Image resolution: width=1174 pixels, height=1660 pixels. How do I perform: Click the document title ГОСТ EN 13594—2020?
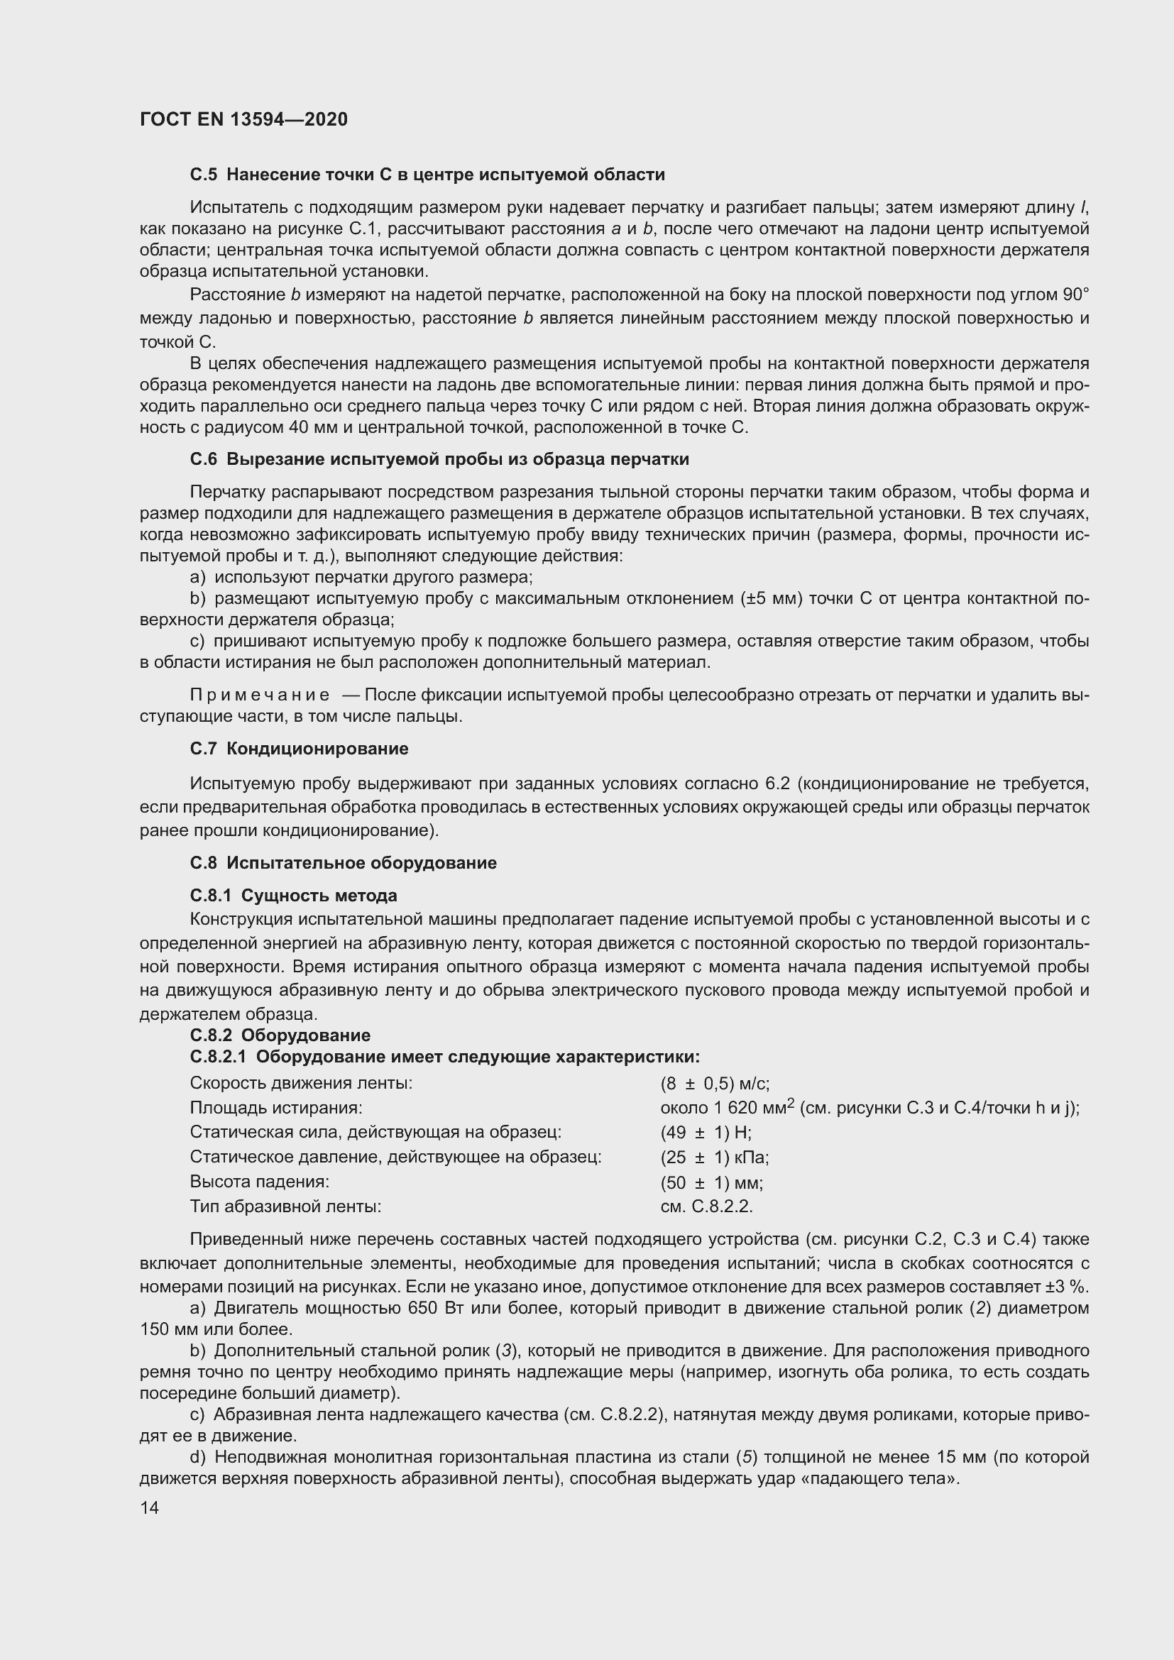[x=243, y=119]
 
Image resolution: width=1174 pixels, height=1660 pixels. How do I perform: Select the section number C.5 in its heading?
[x=203, y=175]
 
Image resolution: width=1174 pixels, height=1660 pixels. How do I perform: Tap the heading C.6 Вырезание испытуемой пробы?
[x=439, y=459]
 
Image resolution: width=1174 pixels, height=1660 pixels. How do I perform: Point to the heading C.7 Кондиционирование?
[x=299, y=748]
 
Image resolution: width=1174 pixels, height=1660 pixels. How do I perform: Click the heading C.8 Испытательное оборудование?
[x=343, y=862]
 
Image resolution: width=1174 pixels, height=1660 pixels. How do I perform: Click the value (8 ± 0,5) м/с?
[x=714, y=1083]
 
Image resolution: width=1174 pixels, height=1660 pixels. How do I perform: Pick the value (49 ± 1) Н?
[x=705, y=1132]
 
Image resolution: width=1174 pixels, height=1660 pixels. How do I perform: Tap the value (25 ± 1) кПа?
[x=714, y=1157]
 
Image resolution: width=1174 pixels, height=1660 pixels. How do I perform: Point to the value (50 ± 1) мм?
[x=711, y=1182]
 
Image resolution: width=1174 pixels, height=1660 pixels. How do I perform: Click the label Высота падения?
[x=260, y=1182]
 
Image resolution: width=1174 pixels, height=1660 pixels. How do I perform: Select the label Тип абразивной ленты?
[x=285, y=1206]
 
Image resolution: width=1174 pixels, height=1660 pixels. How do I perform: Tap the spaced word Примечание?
[x=260, y=695]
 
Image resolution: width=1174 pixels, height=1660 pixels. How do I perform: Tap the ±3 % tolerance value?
[x=1072, y=1287]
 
